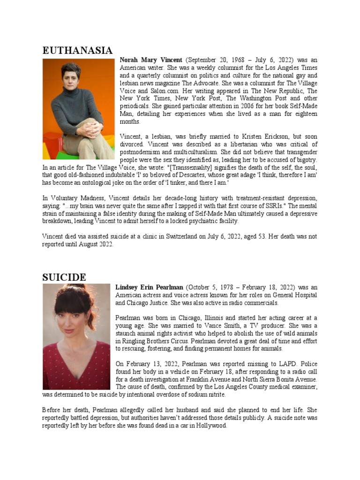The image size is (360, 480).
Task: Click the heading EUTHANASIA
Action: pyautogui.click(x=77, y=51)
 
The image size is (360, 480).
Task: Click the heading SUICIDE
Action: pyautogui.click(x=64, y=277)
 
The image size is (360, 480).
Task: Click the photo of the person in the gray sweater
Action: pyautogui.click(x=78, y=109)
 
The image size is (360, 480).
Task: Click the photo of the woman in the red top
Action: pyautogui.click(x=76, y=337)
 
